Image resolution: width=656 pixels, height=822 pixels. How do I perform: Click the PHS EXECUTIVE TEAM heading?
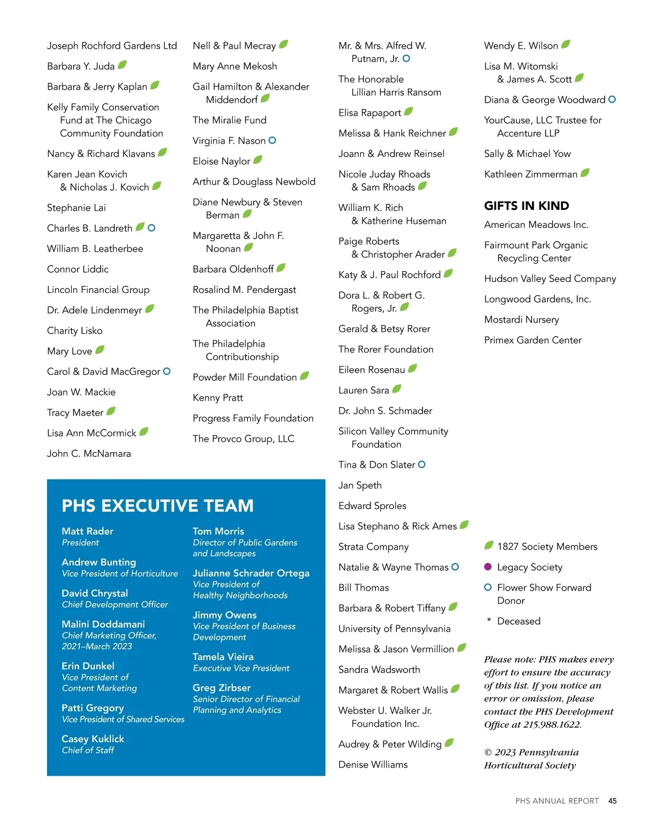(x=157, y=506)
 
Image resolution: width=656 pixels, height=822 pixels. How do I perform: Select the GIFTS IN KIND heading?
(x=526, y=206)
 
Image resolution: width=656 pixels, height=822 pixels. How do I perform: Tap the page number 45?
(x=612, y=801)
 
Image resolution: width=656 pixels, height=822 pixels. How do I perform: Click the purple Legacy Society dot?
(x=488, y=567)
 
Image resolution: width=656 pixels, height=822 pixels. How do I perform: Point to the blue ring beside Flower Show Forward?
(x=488, y=588)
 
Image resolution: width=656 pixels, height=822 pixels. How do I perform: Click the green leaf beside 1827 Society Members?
(x=489, y=545)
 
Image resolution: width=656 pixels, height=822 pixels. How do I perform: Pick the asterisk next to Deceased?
(x=488, y=620)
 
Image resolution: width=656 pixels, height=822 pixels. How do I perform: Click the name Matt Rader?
(x=87, y=531)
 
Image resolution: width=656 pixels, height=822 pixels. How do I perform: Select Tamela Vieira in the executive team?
(x=223, y=657)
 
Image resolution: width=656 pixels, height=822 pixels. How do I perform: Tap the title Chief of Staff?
(x=87, y=750)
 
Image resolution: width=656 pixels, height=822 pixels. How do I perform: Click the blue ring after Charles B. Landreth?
(x=151, y=228)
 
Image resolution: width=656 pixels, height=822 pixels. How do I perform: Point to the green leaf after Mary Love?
(x=100, y=350)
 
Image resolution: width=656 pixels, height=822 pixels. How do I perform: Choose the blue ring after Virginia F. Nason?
(x=272, y=140)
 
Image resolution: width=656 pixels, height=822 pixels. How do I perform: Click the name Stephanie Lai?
(x=77, y=208)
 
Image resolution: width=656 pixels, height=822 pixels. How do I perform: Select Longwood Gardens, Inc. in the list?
(x=537, y=299)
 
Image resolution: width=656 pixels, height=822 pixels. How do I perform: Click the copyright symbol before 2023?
(x=488, y=753)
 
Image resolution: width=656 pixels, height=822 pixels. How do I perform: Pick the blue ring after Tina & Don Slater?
(x=421, y=465)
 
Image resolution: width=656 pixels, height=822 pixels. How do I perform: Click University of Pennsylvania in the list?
(x=394, y=629)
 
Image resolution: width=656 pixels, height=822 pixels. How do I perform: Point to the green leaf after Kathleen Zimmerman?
(x=585, y=173)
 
